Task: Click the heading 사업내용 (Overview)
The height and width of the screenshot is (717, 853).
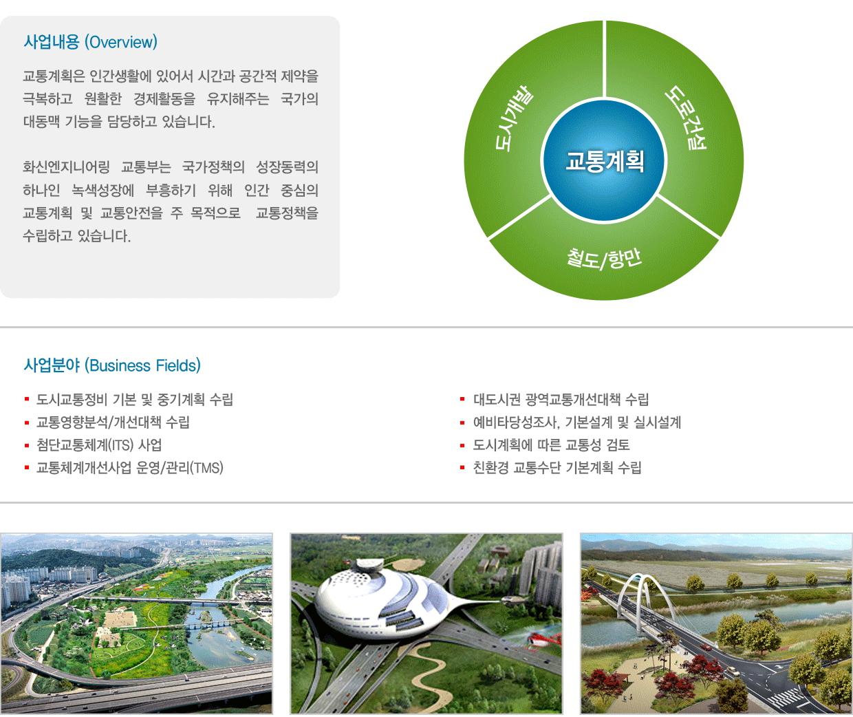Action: pos(90,42)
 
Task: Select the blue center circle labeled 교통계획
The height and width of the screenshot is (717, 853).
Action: pos(604,160)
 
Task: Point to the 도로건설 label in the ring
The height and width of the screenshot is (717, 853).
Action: pos(686,118)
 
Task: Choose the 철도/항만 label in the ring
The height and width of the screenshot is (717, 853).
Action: pos(604,258)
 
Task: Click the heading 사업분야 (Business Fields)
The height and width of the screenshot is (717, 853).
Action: pos(112,365)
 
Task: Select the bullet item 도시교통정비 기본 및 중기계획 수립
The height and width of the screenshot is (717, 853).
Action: pos(134,399)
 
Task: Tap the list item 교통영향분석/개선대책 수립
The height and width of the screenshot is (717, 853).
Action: pos(113,422)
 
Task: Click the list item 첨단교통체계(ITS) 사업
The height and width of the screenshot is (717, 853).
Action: pos(99,445)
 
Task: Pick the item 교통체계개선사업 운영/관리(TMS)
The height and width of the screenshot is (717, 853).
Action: pos(130,468)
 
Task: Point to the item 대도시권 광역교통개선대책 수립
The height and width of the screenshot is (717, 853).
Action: pos(561,399)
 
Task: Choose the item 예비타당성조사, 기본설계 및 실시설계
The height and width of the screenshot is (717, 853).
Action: pos(577,422)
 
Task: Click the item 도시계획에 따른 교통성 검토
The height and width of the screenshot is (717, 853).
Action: pos(551,445)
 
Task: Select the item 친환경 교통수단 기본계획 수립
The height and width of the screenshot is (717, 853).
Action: pos(557,468)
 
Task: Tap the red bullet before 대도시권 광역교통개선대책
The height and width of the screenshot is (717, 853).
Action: pos(462,399)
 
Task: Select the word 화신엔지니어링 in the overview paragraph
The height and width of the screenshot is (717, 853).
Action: pos(66,167)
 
